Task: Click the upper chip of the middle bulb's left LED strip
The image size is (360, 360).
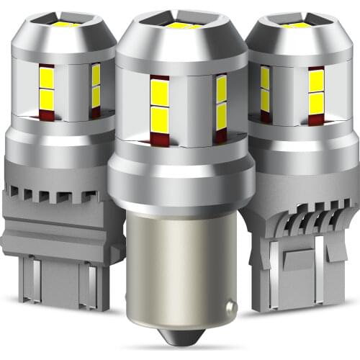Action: (x=159, y=91)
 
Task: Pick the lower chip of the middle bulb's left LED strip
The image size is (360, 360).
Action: (x=159, y=119)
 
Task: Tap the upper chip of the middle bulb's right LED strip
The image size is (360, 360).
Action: (x=221, y=90)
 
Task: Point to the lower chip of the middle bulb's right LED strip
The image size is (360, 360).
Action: (x=221, y=115)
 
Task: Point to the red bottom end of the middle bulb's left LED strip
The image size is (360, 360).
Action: (x=159, y=137)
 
